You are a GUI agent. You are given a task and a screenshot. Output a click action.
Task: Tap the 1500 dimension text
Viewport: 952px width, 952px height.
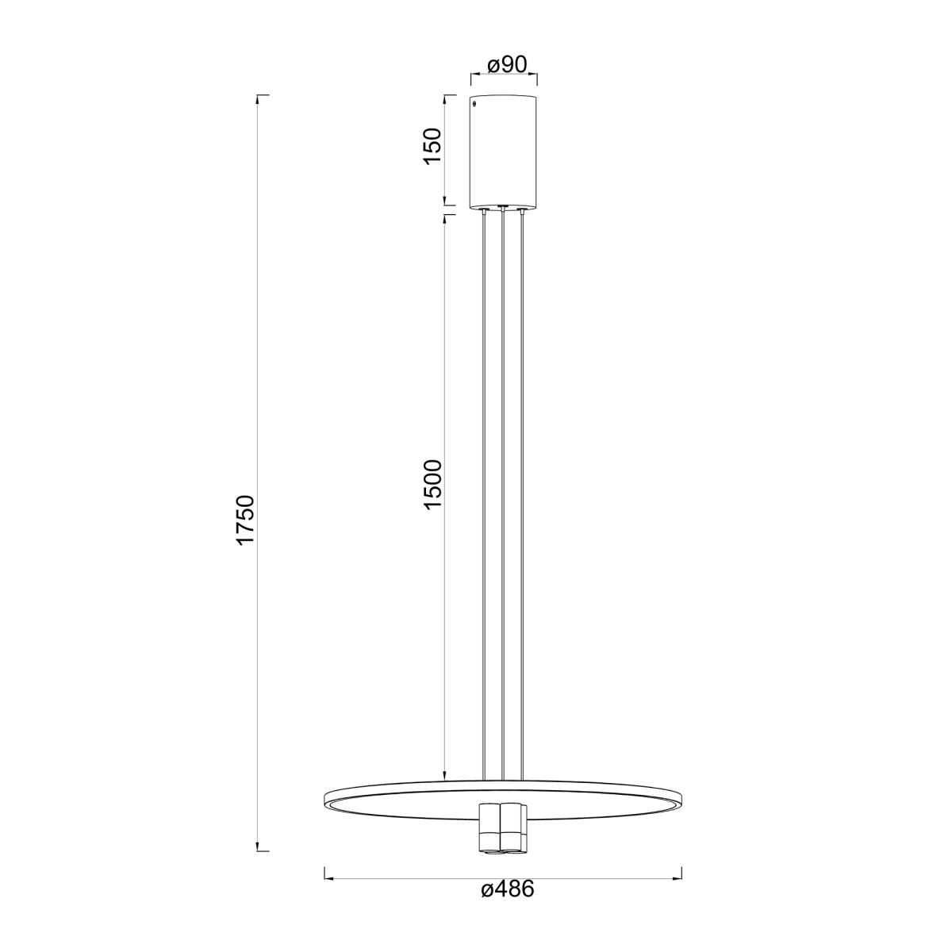tap(432, 486)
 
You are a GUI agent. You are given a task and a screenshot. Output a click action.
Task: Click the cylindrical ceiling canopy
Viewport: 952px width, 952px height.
tap(504, 152)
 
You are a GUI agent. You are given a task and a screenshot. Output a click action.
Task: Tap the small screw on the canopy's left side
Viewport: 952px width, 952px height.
tap(474, 104)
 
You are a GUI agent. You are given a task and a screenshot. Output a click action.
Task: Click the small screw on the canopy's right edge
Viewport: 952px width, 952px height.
tap(535, 104)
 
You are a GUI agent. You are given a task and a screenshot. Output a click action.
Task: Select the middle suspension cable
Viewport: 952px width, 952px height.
tap(502, 500)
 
